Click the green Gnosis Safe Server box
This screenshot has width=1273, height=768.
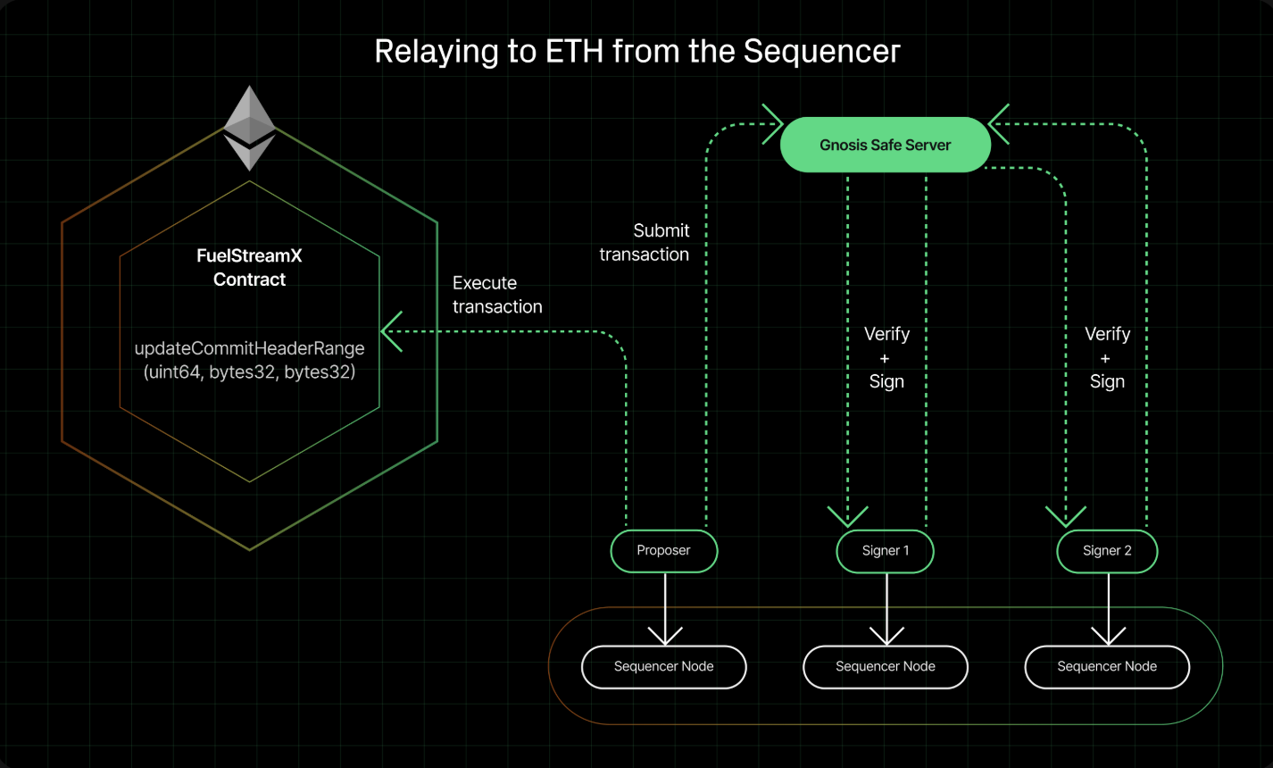[886, 145]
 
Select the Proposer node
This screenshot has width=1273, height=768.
[664, 551]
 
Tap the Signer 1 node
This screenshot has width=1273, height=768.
[885, 551]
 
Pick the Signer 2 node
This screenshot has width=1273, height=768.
[1107, 551]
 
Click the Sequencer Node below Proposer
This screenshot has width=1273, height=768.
[664, 667]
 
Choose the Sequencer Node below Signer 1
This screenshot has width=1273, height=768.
[886, 667]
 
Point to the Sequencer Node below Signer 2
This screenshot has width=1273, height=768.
[1107, 667]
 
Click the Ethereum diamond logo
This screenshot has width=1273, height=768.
[249, 128]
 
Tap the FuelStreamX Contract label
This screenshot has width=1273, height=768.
[249, 268]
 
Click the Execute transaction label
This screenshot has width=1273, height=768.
[497, 295]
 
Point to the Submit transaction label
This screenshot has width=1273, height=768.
[644, 242]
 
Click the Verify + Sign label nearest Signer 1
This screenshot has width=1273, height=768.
[886, 357]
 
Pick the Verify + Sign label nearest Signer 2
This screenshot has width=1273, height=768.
[1107, 357]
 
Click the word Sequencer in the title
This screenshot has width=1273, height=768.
[822, 52]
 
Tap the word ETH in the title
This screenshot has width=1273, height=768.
[574, 51]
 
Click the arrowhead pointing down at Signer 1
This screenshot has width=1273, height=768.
[848, 517]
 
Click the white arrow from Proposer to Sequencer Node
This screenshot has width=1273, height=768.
[665, 609]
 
